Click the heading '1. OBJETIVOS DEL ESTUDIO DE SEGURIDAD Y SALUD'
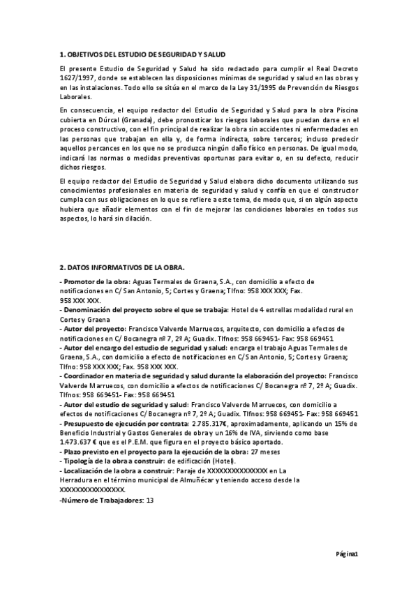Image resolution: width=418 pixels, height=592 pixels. click(x=142, y=54)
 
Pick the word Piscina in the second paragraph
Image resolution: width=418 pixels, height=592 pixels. click(x=343, y=110)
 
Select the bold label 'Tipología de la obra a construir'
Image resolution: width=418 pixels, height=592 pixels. click(x=112, y=461)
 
